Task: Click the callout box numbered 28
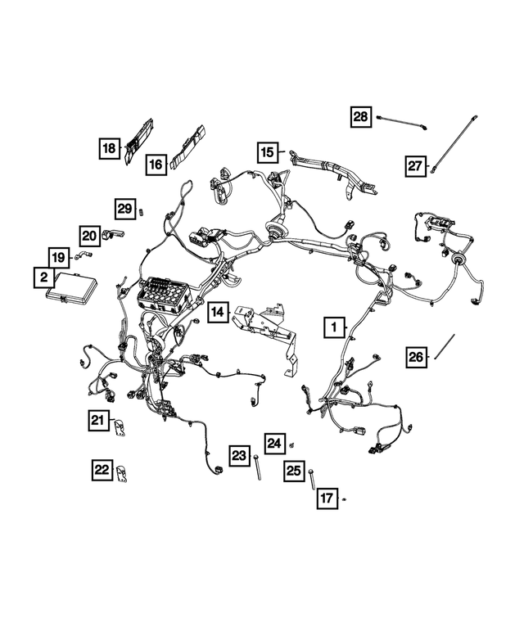[x=361, y=117]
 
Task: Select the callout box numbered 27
[x=416, y=166]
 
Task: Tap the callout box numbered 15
[x=266, y=151]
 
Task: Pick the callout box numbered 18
[x=109, y=148]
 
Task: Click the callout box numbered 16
[x=156, y=165]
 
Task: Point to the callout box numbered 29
[x=124, y=209]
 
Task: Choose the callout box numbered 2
[x=41, y=277]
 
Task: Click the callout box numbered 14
[x=217, y=312]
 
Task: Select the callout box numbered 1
[x=333, y=327]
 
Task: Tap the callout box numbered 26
[x=417, y=357]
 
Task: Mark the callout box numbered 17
[x=326, y=497]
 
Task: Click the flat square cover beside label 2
[x=73, y=291]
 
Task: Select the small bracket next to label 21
[x=120, y=427]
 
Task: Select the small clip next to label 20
[x=114, y=237]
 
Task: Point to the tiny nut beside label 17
[x=346, y=498]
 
